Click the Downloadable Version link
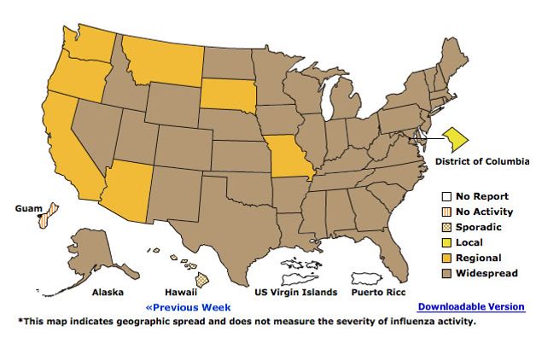point(471,306)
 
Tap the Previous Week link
point(188,306)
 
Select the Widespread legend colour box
point(446,273)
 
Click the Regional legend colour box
point(446,258)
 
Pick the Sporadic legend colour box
point(446,227)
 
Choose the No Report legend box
point(446,196)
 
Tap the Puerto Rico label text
point(378,292)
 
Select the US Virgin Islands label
point(296,292)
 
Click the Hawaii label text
point(187,292)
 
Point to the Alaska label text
point(108,292)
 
